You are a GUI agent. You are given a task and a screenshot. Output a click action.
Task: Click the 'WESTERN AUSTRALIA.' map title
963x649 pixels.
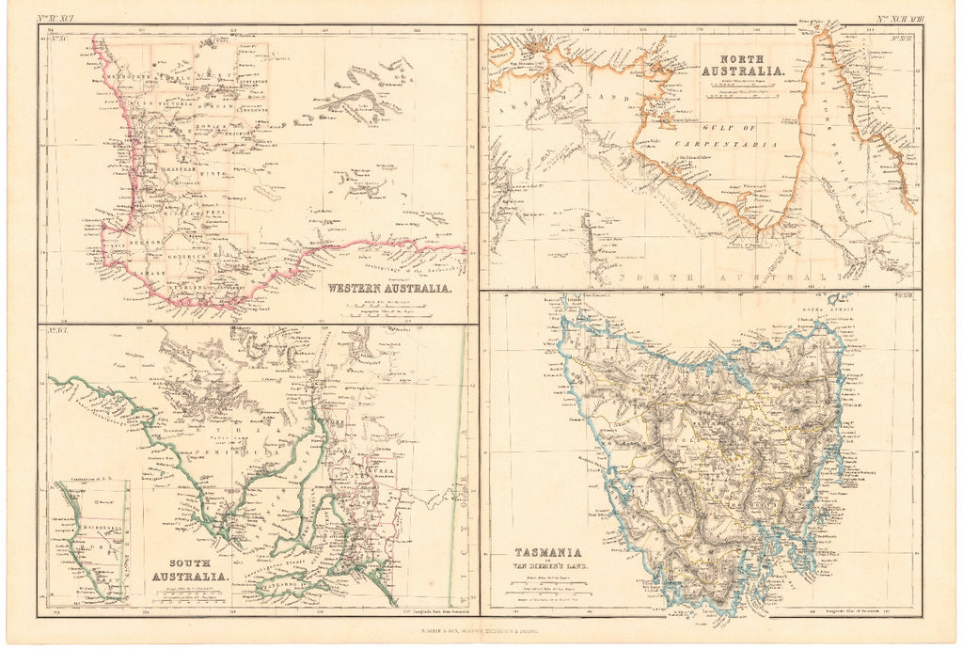click(389, 289)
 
